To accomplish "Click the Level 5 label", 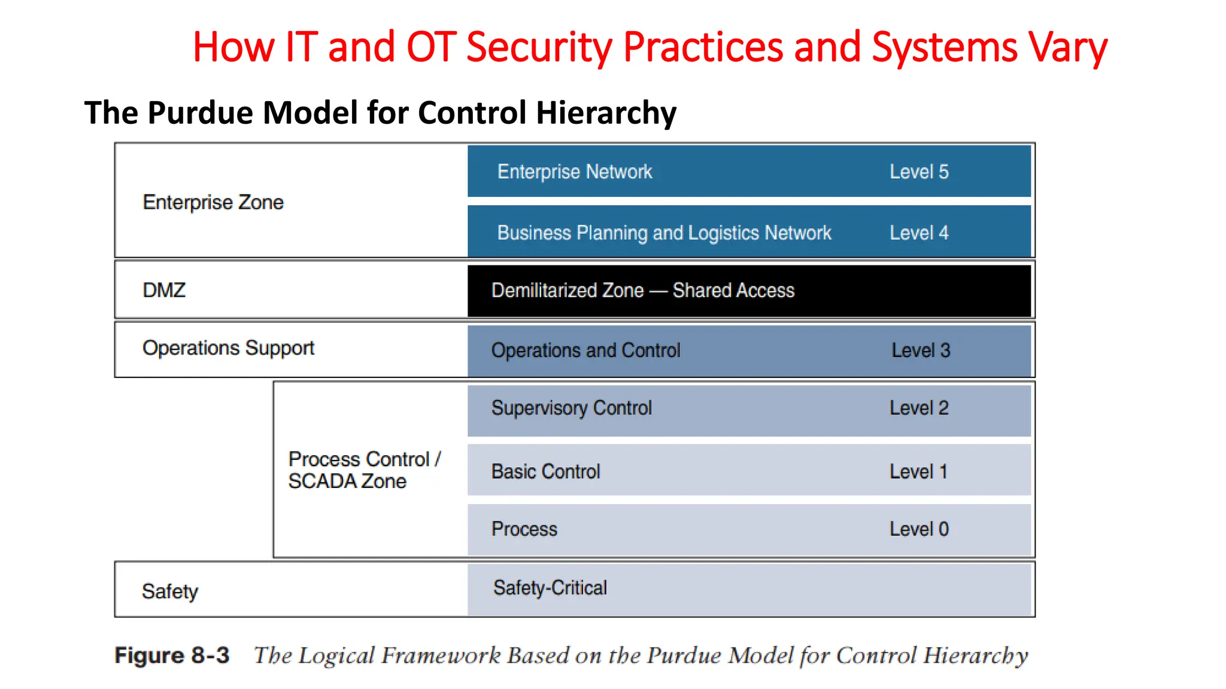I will pyautogui.click(x=919, y=172).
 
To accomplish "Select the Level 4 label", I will pyautogui.click(x=919, y=233).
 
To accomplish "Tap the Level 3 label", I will pyautogui.click(x=921, y=350).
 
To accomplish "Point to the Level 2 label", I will pyautogui.click(x=919, y=408).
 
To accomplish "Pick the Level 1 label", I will pyautogui.click(x=918, y=471).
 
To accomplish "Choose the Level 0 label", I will pyautogui.click(x=919, y=529).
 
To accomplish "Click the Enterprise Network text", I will pyautogui.click(x=574, y=172).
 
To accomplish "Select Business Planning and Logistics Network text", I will pyautogui.click(x=664, y=233).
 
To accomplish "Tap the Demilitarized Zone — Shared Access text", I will pyautogui.click(x=643, y=291).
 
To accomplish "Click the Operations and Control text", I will pyautogui.click(x=585, y=350).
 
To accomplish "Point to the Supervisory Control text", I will pyautogui.click(x=571, y=408).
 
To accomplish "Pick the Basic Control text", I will pyautogui.click(x=545, y=471).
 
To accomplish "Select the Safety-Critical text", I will pyautogui.click(x=550, y=587).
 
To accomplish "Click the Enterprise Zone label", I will pyautogui.click(x=213, y=202).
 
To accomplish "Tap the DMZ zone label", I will pyautogui.click(x=164, y=290).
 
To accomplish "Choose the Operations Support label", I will pyautogui.click(x=228, y=348).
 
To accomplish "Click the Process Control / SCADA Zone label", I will pyautogui.click(x=364, y=470).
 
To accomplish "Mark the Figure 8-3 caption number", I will pyautogui.click(x=172, y=656).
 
